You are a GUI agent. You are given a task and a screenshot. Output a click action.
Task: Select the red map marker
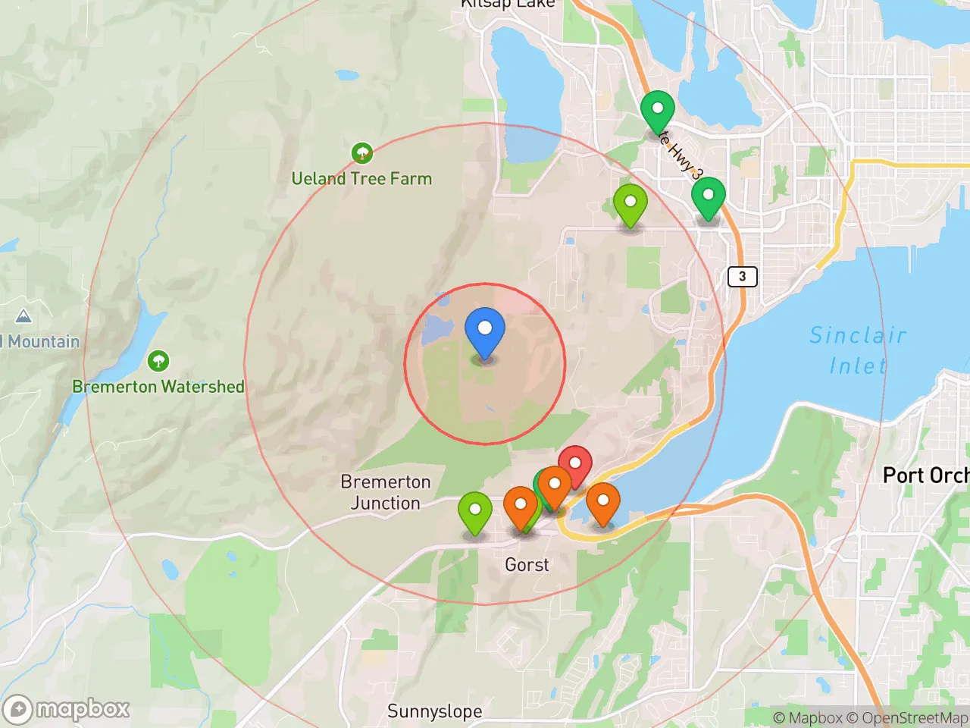pos(575,463)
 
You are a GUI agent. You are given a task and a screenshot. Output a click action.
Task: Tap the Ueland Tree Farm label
pos(361,179)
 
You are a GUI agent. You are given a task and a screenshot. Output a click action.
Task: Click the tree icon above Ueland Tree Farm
pos(362,153)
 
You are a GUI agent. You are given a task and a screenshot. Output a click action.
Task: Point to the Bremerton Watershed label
pos(158,386)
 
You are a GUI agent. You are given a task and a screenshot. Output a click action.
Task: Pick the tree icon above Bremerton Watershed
pos(158,361)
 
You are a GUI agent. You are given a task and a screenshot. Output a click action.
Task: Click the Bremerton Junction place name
pos(385,492)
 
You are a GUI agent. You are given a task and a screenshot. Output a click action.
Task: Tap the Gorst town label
pos(527,564)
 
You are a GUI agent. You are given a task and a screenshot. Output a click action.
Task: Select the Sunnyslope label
pos(434,711)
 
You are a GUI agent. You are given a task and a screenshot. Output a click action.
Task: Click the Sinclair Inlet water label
pos(858,350)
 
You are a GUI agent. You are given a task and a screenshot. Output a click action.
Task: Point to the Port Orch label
pos(925,475)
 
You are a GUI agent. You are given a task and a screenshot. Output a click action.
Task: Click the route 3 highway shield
pos(742,276)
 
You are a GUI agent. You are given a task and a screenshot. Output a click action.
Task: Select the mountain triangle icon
pos(23,316)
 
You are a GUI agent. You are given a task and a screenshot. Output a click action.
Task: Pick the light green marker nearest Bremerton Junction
pos(475,510)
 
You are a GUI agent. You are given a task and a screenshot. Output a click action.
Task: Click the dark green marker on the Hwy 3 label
pos(657,111)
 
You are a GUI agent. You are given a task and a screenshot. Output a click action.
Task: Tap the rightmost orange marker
pos(603,503)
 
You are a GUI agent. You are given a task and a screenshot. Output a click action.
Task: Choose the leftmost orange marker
pos(521,506)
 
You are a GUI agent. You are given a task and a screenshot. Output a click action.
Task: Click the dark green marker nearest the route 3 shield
pos(708,197)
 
